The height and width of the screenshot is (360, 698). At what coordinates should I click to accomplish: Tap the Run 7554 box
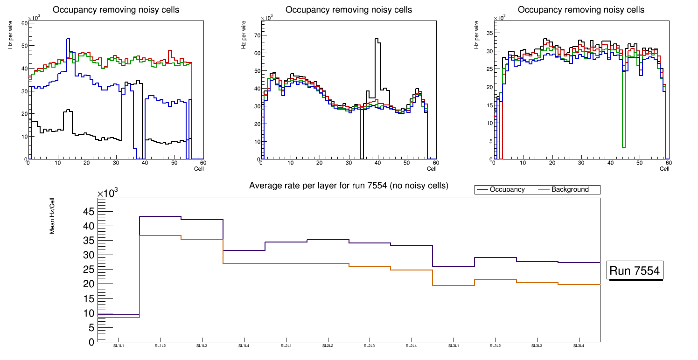coord(635,270)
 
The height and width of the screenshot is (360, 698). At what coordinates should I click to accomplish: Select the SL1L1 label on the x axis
coord(119,346)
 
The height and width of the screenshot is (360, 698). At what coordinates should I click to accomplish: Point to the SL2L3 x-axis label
coord(370,346)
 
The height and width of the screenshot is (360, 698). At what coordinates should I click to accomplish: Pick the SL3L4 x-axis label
coord(579,346)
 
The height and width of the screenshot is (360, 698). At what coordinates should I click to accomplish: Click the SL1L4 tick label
coord(244,346)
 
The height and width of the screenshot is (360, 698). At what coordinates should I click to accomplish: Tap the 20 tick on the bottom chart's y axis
coord(88,284)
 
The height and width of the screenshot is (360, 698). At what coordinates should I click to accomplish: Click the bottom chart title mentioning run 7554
coord(349,186)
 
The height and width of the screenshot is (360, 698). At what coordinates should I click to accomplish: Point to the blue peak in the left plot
coord(68,39)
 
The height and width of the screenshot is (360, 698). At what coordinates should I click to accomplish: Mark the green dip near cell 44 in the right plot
coord(624,147)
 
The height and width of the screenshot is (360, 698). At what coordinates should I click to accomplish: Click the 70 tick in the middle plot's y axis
coord(256,35)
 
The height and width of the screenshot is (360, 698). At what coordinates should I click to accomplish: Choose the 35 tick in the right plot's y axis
coord(489,33)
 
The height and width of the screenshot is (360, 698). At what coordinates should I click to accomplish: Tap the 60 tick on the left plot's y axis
coord(24,23)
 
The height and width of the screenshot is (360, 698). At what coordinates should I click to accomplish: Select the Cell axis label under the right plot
coord(664,168)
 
